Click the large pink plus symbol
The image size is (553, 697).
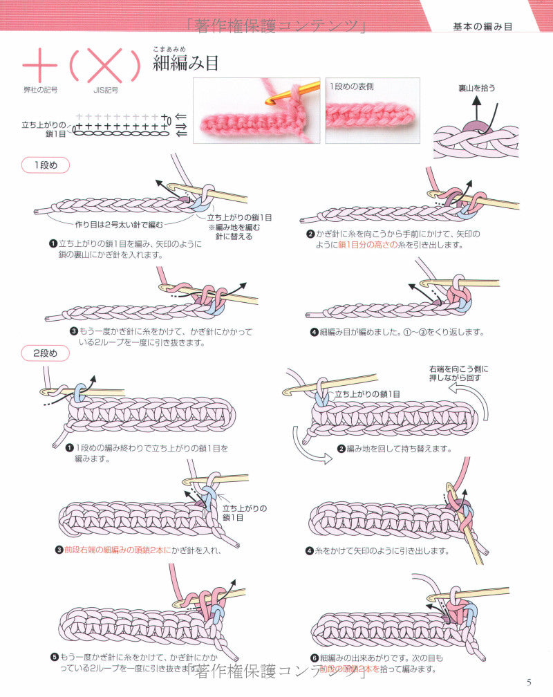click(x=39, y=66)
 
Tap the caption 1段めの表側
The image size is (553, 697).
click(x=352, y=86)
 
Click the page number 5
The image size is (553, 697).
click(x=529, y=682)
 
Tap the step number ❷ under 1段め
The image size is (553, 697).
click(x=311, y=234)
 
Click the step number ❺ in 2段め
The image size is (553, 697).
click(x=54, y=658)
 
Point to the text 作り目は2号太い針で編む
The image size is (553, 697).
click(x=119, y=223)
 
